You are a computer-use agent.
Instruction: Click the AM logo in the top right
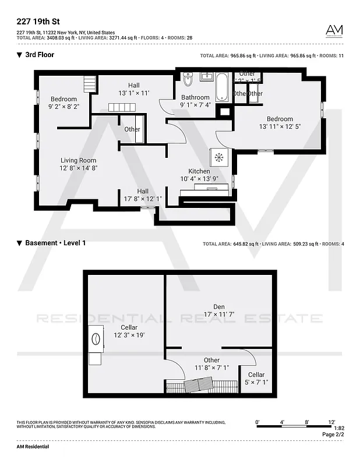click(334, 31)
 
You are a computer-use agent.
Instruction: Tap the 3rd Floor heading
click(40, 55)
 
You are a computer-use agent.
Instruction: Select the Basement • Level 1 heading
click(55, 243)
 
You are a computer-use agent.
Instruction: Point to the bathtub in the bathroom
click(223, 87)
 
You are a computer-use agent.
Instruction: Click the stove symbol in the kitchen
click(219, 157)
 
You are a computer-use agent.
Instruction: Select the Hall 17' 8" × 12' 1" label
click(143, 195)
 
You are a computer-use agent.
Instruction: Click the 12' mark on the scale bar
click(331, 421)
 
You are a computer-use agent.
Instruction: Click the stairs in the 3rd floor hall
click(122, 107)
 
